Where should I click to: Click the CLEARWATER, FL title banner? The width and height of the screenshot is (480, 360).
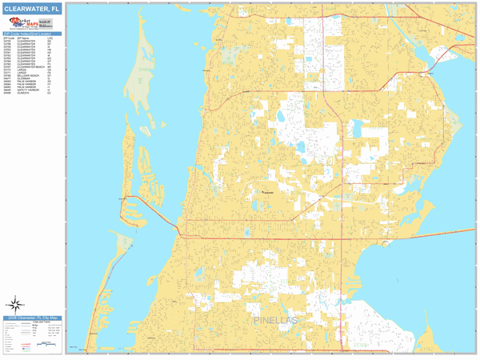pos(32,8)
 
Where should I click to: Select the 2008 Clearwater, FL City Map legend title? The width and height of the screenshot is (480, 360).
pos(32,318)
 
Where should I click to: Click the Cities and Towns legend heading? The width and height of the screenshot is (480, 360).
pos(42,323)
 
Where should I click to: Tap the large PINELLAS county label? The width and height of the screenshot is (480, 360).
pos(274,321)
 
